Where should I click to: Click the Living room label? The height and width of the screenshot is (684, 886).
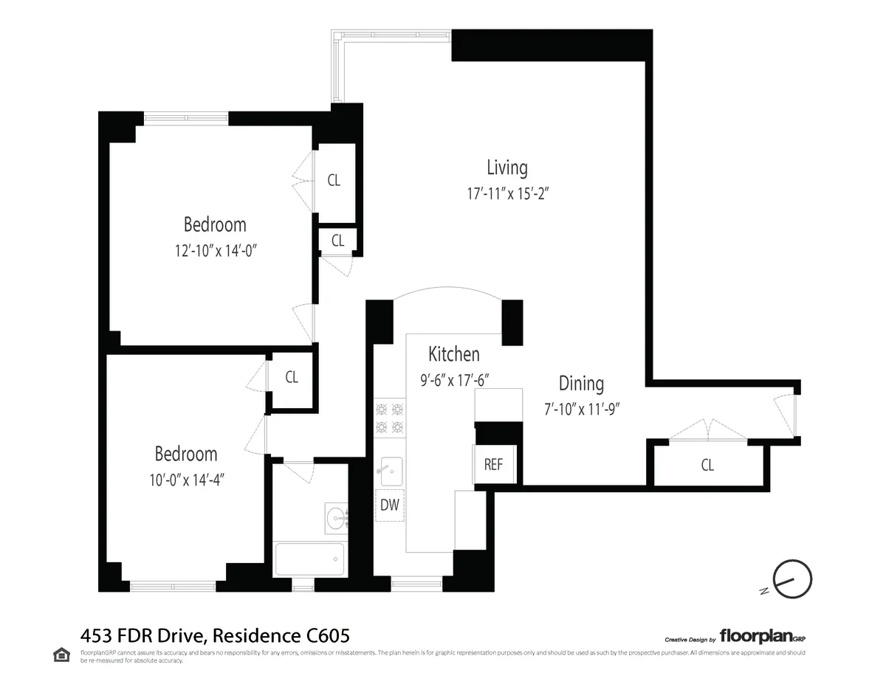[507, 168]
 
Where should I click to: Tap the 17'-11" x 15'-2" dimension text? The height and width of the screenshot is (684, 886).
[509, 194]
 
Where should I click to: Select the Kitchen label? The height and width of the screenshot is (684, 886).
[454, 354]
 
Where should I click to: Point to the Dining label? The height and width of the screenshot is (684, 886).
[581, 384]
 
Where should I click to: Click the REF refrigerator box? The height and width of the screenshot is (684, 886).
[493, 465]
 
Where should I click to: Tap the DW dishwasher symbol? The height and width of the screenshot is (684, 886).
[390, 505]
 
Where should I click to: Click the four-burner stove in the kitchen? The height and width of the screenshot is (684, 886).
[389, 417]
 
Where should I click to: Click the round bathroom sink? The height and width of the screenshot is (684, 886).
[337, 516]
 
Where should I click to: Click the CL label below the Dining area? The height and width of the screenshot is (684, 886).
[707, 466]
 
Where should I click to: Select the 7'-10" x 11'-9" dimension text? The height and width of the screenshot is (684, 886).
[581, 409]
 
